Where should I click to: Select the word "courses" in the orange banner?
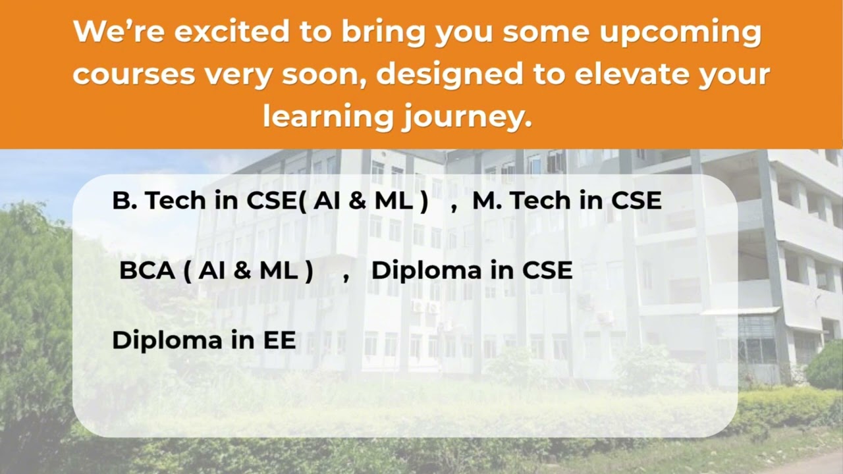pos(134,74)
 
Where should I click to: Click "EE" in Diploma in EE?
pos(279,340)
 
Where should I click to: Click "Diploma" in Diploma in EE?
pos(167,340)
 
